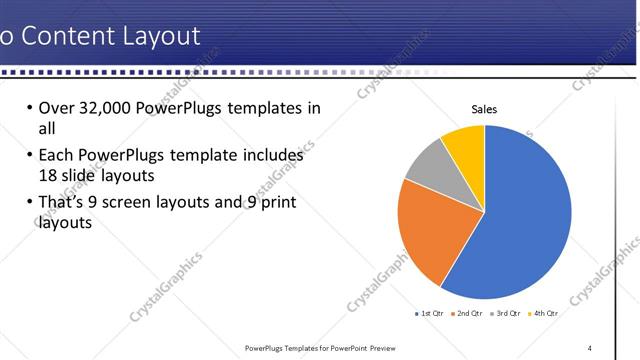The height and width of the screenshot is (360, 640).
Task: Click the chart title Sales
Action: coord(484,109)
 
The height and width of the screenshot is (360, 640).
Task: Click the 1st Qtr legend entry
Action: coord(432,313)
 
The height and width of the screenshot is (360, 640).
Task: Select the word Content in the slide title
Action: coord(66,37)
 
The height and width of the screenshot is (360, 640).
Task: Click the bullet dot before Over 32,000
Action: coord(28,108)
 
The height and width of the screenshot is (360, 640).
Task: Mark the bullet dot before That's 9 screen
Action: coord(28,203)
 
